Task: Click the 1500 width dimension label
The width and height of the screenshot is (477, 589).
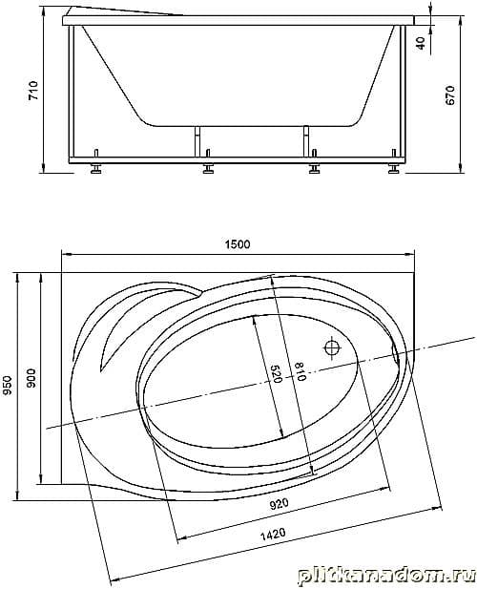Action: [x=238, y=244]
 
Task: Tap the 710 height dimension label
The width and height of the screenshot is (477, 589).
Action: [x=33, y=90]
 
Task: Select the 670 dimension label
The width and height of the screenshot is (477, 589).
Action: [x=450, y=95]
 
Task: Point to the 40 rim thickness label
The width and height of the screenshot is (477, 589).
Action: [x=422, y=43]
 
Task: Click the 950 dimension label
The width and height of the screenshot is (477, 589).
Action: [x=8, y=387]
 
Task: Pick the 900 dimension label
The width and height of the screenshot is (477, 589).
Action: [x=31, y=378]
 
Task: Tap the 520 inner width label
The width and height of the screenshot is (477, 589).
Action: [x=276, y=374]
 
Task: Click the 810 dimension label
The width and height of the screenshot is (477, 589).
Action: [x=301, y=371]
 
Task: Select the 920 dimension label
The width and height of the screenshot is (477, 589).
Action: [x=280, y=503]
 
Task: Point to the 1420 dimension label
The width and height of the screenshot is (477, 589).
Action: [x=273, y=533]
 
